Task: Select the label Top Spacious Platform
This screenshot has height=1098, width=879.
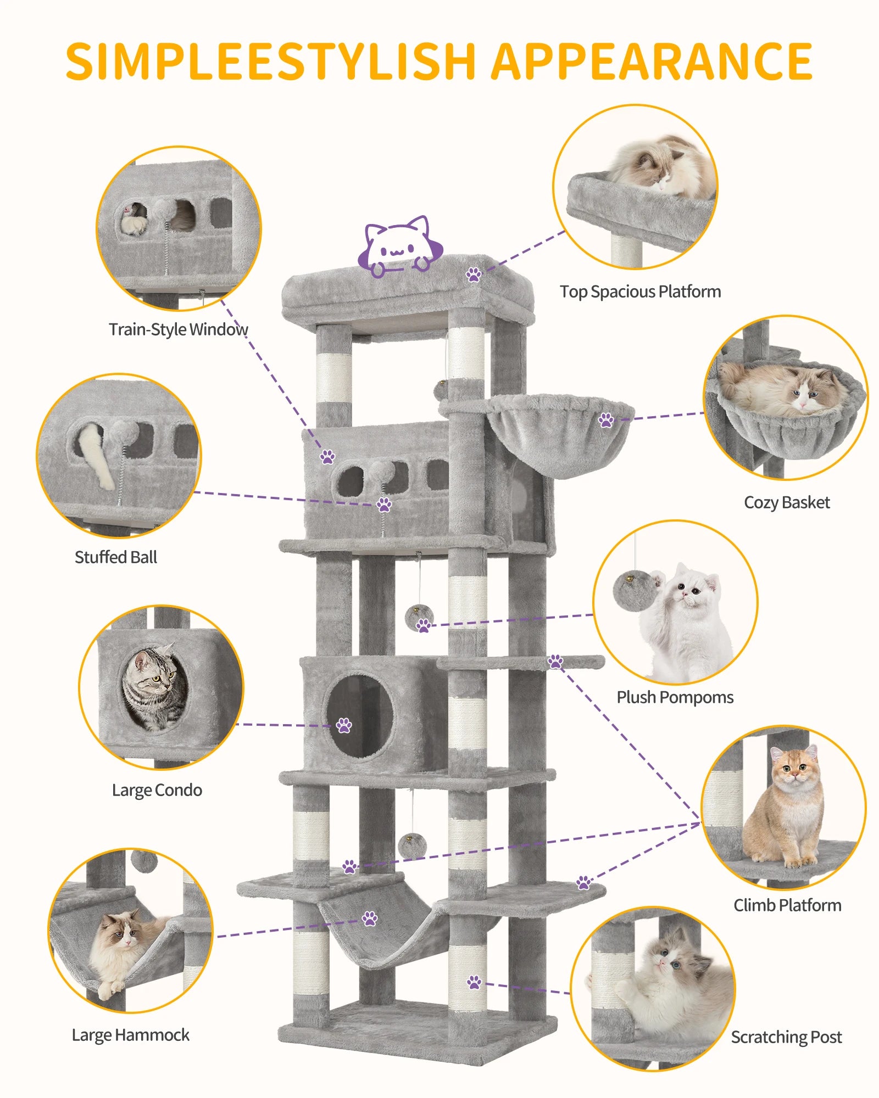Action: [640, 292]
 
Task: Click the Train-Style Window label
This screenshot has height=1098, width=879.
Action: [178, 329]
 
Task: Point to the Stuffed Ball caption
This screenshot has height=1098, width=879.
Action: [116, 557]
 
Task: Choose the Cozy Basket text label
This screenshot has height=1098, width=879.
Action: [787, 502]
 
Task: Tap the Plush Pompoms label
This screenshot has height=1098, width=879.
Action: [675, 697]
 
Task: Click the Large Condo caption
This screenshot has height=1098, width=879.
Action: [157, 790]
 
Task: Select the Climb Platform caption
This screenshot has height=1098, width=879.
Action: [787, 905]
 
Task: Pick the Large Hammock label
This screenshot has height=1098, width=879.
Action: [131, 1035]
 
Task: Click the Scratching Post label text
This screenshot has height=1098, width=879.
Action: [786, 1037]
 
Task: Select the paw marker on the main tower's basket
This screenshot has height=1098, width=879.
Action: [606, 421]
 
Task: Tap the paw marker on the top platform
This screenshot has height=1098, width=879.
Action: [474, 274]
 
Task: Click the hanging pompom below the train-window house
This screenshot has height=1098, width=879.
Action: [419, 618]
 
